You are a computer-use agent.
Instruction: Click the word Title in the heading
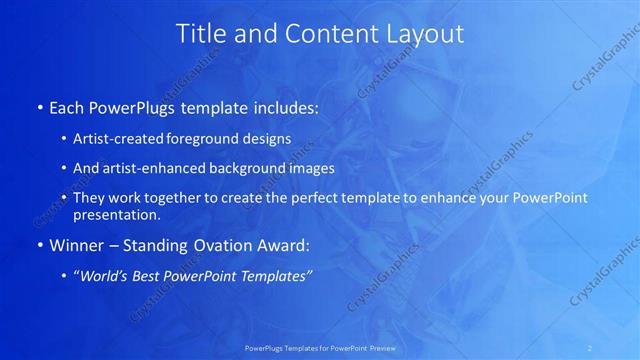199,33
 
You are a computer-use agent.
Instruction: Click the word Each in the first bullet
66,105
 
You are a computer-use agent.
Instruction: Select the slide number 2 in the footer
590,347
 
